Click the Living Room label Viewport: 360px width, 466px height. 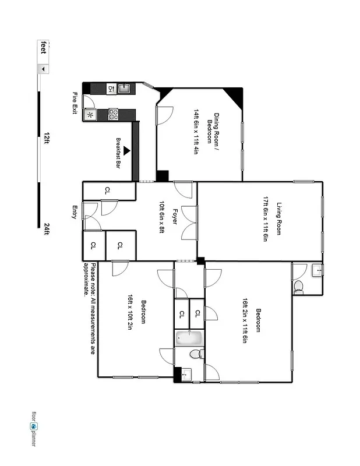279,218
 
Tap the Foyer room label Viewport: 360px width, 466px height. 174,218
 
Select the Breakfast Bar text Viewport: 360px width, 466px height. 118,153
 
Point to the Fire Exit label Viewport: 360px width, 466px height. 75,103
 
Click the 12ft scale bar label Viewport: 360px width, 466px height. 46,137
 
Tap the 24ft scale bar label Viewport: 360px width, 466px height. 46,230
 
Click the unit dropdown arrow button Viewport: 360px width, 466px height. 43,69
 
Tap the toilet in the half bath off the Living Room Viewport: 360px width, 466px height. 298,286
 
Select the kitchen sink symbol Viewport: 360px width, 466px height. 123,89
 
